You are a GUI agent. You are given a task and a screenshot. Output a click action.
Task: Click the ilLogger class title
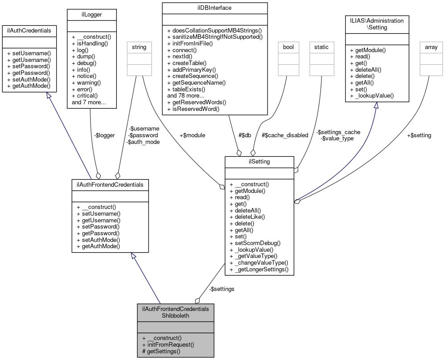[x=91, y=15]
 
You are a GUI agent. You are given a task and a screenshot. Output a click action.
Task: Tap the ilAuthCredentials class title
[x=29, y=30]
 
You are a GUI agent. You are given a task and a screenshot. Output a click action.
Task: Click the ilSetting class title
[x=259, y=161]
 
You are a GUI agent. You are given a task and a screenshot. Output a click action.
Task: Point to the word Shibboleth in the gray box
[x=175, y=316]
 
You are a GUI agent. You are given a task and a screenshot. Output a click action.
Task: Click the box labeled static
[x=321, y=46]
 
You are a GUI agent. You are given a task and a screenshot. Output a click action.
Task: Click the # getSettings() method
[x=161, y=351]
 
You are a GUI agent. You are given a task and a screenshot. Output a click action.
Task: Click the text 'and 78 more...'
[x=185, y=95]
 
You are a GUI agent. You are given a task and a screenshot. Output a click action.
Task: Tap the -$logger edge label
[x=105, y=135]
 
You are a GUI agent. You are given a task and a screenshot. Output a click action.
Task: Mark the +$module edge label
[x=192, y=135]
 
